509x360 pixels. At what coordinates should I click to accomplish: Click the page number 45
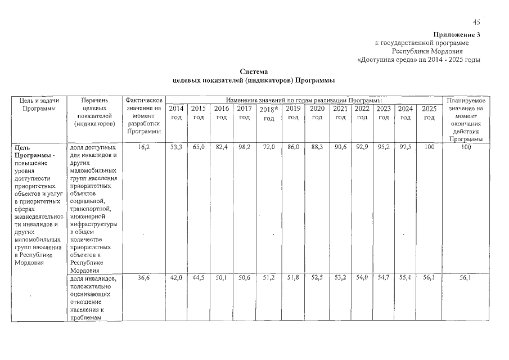(476, 22)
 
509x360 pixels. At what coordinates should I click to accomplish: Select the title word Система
(252, 72)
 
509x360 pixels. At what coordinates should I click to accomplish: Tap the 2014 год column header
(177, 112)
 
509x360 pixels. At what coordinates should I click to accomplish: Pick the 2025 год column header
(429, 112)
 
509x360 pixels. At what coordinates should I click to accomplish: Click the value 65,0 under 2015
(198, 146)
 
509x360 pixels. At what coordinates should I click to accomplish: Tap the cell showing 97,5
(406, 146)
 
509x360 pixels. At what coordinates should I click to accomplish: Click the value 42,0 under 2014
(177, 278)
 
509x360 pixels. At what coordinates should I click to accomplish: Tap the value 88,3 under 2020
(317, 146)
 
